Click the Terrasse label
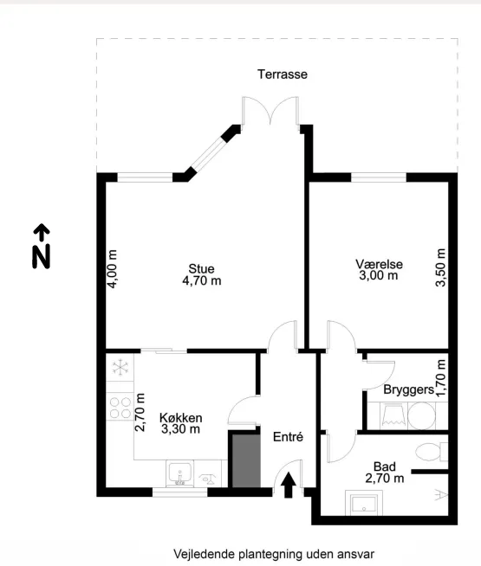tap(283, 74)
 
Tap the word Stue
tap(201, 268)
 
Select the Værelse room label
tap(379, 264)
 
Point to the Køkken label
tap(180, 418)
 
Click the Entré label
tap(288, 437)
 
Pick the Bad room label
tap(385, 466)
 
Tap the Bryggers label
tap(409, 389)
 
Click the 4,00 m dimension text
tap(113, 268)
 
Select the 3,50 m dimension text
tap(441, 267)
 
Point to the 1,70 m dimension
tap(441, 377)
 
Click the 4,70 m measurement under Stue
tap(202, 280)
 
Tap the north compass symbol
tap(42, 246)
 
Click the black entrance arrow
tap(289, 486)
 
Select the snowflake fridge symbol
tap(120, 368)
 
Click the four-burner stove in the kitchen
tap(120, 407)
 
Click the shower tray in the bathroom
tap(364, 502)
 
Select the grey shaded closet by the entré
tap(246, 461)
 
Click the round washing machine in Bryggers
tap(421, 415)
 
